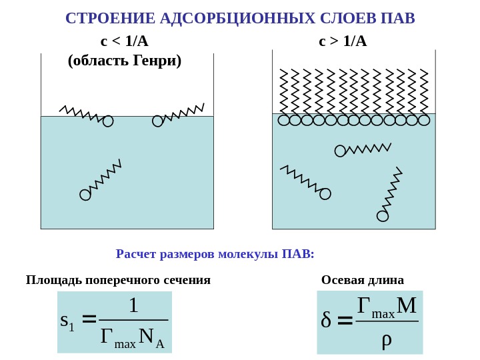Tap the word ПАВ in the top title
(x=398, y=18)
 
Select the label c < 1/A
(x=125, y=41)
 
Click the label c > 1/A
(x=343, y=41)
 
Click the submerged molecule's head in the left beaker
(x=85, y=195)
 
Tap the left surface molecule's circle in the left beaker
(x=108, y=121)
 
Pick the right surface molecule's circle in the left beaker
(x=157, y=121)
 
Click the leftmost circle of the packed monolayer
(x=283, y=120)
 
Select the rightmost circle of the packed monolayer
(x=424, y=120)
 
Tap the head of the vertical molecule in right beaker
(x=383, y=216)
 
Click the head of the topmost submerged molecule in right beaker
(x=340, y=151)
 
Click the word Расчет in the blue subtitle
(x=137, y=254)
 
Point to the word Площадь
(x=54, y=280)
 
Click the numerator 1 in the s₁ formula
(x=133, y=305)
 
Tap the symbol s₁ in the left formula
(x=67, y=321)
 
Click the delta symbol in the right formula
(x=326, y=321)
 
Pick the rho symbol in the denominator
(x=387, y=339)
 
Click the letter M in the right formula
(x=407, y=305)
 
